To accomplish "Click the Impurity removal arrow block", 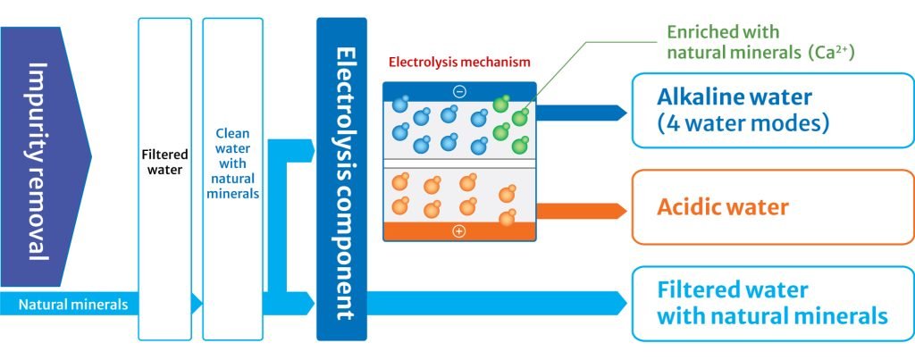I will pyautogui.click(x=45, y=161).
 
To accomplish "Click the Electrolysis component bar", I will pyautogui.click(x=341, y=179).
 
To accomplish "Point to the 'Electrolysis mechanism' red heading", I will pyautogui.click(x=459, y=63).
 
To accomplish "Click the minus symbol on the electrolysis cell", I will pyautogui.click(x=459, y=90).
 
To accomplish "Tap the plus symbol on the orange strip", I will pyautogui.click(x=459, y=231).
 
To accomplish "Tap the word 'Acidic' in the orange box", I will pyautogui.click(x=691, y=207).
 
